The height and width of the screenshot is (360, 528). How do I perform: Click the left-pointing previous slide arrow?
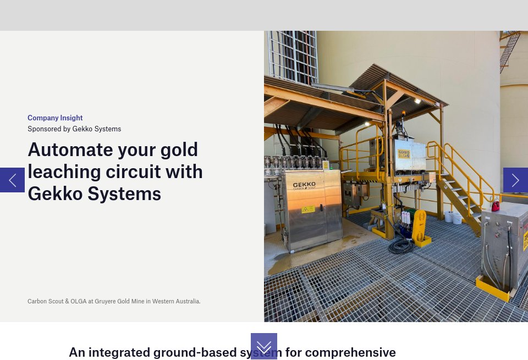click(x=12, y=180)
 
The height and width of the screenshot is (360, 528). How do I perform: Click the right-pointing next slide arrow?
click(x=515, y=180)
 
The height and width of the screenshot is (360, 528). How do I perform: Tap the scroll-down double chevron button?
click(x=264, y=347)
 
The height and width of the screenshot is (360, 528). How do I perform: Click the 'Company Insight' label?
click(x=55, y=118)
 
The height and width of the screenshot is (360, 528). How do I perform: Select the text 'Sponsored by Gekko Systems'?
click(x=74, y=129)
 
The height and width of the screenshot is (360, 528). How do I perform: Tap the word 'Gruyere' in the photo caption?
click(x=106, y=301)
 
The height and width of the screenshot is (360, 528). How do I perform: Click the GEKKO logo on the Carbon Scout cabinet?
click(x=304, y=185)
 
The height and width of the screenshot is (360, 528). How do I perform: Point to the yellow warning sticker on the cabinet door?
click(x=309, y=209)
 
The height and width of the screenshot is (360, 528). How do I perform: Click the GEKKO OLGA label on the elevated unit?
click(x=404, y=153)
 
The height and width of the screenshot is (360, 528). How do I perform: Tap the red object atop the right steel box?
click(x=496, y=206)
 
